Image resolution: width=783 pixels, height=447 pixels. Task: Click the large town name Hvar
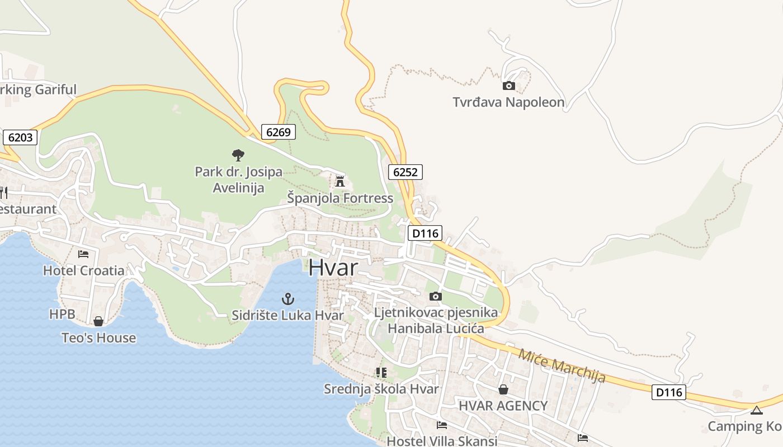(333, 267)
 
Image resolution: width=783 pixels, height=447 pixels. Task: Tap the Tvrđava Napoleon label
(508, 102)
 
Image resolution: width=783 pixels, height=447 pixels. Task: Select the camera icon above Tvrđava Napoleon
(508, 85)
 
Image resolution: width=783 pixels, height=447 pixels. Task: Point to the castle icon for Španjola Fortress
(339, 181)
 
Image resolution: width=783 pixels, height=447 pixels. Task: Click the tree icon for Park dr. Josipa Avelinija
(238, 155)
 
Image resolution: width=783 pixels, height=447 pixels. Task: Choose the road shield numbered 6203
(21, 137)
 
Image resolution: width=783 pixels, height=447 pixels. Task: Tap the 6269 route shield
(278, 132)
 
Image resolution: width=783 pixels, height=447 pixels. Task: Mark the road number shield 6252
(405, 172)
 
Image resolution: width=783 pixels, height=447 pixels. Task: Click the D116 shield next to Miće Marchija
(669, 392)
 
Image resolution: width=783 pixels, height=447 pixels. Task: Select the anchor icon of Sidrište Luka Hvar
(287, 299)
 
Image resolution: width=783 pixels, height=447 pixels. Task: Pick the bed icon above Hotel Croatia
(83, 254)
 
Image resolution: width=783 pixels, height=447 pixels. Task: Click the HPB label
(62, 315)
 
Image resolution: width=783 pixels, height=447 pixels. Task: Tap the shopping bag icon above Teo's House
(98, 321)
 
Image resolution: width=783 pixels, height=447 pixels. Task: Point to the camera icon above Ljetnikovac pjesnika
(435, 296)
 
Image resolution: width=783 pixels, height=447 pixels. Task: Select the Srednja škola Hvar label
(381, 389)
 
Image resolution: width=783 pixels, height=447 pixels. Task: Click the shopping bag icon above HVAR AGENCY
(503, 389)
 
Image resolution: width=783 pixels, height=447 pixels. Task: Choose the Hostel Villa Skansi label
(442, 441)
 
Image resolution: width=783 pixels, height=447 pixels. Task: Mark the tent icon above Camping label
(756, 411)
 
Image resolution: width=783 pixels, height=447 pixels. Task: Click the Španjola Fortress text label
(340, 198)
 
